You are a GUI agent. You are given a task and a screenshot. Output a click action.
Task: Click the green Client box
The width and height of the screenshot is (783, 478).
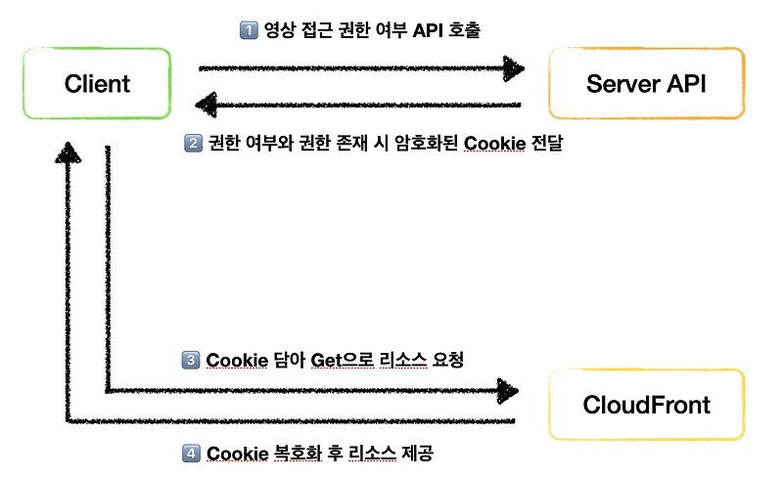(x=98, y=84)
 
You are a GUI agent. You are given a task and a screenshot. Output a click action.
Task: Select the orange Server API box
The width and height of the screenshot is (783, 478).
(x=646, y=84)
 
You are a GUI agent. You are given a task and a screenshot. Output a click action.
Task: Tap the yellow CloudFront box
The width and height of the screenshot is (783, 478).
(x=646, y=405)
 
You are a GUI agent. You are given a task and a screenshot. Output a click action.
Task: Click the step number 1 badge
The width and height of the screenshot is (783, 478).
(x=248, y=30)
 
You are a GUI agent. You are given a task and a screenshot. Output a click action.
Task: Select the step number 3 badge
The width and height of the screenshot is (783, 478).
(x=193, y=360)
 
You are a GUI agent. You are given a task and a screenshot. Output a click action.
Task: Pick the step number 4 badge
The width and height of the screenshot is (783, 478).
(x=193, y=454)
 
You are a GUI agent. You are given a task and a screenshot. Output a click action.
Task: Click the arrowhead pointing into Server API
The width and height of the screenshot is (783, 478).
(x=513, y=68)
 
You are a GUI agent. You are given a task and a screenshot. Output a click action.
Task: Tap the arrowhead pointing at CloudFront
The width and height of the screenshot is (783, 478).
(x=506, y=391)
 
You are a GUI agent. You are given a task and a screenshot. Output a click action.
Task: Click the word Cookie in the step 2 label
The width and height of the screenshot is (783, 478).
(x=494, y=144)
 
